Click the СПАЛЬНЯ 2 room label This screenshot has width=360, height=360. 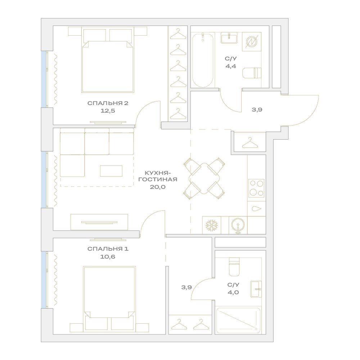click(108, 103)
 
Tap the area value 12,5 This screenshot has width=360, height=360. click(108, 111)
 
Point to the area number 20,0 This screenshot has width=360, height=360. click(158, 187)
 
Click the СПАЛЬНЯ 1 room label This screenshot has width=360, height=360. click(108, 249)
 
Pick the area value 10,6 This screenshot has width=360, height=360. click(108, 257)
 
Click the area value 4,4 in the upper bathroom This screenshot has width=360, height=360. click(231, 66)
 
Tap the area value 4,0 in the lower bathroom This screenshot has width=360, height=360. click(233, 292)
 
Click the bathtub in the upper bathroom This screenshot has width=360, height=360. click(203, 60)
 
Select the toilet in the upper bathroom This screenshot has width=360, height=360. click(252, 73)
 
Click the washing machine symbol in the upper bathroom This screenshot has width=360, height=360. click(252, 42)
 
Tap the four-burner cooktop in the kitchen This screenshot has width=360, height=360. click(257, 188)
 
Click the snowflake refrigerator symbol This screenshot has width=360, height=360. click(211, 225)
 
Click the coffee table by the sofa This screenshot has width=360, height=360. click(111, 171)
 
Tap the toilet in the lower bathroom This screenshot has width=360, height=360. click(234, 266)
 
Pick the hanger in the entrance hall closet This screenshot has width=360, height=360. click(250, 143)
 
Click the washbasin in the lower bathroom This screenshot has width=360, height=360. click(256, 289)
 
